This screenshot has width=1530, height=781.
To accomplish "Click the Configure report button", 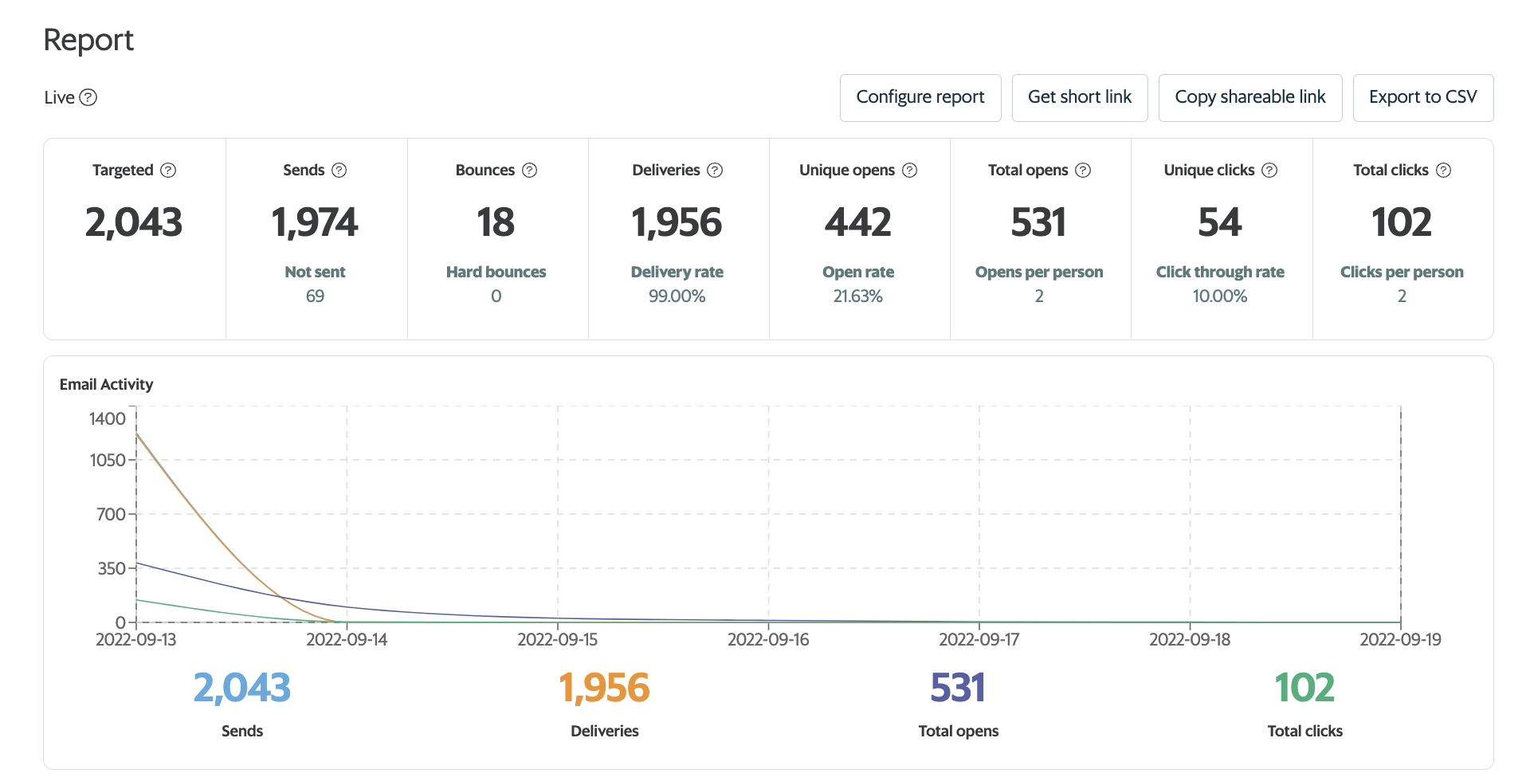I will coord(920,97).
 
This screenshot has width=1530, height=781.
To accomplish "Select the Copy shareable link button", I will coord(1249,97).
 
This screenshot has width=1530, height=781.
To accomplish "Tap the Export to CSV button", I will coord(1422,97).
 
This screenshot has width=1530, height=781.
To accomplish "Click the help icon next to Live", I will coord(88,97).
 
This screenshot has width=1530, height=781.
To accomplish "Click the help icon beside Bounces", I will coord(529,170).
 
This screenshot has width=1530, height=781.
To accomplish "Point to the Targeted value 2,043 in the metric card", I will coord(134,222).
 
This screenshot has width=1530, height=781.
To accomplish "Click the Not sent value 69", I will coord(315,296).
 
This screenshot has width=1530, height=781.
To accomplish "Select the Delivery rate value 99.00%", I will coord(677,296).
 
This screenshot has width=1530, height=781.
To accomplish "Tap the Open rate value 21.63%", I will coord(857,296).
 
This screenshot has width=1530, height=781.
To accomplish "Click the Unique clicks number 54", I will coord(1219,222).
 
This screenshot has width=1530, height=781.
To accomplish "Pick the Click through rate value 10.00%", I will coord(1219,296).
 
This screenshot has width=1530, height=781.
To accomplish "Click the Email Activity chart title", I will coord(106,384).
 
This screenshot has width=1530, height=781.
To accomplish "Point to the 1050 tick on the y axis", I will coord(108,460).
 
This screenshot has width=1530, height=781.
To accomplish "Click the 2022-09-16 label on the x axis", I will coord(768,639).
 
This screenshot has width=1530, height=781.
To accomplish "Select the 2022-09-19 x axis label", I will coord(1399,639).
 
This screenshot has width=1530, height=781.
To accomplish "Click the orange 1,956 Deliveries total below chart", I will coord(604,688).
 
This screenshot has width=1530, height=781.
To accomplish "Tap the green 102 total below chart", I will coord(1304,688).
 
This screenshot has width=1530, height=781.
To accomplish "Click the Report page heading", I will coord(88,40).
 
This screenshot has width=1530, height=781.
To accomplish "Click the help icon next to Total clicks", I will coord(1443,170).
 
